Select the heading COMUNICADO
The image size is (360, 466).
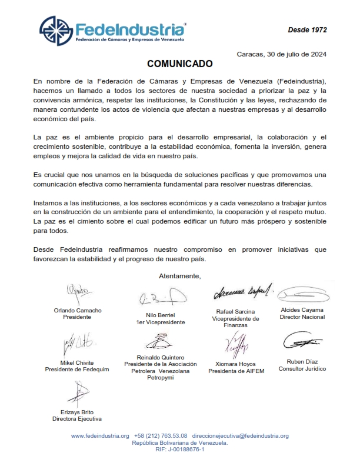(180, 63)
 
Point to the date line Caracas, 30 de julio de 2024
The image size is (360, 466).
(282, 54)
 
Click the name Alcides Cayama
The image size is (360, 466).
(302, 310)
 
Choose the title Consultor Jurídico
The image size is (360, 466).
(302, 369)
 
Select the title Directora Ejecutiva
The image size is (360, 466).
(77, 418)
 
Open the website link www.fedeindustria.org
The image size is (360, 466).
(99, 435)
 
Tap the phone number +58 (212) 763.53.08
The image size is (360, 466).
(161, 435)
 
